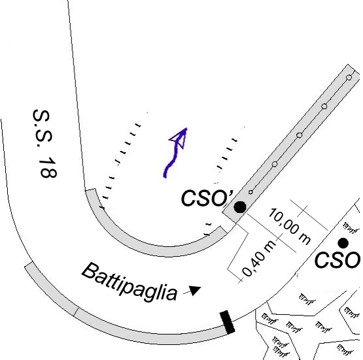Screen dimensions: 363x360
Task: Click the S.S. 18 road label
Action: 45,144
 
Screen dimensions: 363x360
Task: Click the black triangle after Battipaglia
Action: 195,290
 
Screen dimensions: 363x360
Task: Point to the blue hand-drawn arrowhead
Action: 179,138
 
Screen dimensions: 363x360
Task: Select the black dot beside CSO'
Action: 240,206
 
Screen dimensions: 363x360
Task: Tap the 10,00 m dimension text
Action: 289,226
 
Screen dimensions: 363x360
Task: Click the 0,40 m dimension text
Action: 259,258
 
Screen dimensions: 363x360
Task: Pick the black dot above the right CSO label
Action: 343,243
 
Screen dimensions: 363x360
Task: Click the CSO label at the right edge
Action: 337,260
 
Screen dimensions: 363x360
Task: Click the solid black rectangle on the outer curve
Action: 228,322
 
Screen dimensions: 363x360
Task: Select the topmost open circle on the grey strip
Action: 349,78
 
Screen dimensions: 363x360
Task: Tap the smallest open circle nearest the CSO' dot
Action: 251,192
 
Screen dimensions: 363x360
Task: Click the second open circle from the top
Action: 324,106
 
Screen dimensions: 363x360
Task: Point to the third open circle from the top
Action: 300,135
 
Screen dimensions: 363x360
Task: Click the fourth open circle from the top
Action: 275,164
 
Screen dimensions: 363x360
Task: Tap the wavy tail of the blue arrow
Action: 171,162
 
